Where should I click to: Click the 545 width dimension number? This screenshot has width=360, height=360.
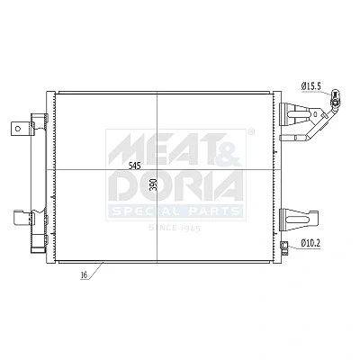(134, 166)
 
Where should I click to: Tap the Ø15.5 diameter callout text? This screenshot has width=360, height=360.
(311, 86)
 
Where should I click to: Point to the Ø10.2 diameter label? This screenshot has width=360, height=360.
(310, 243)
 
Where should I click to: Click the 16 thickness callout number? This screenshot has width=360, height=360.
(84, 275)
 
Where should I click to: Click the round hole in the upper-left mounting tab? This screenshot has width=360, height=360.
(18, 129)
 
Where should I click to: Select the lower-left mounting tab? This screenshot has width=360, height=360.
(22, 217)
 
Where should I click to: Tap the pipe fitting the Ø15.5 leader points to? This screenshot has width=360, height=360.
(335, 98)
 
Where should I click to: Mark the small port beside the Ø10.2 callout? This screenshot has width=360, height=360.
(283, 246)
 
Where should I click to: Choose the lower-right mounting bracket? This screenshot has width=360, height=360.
(298, 220)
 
